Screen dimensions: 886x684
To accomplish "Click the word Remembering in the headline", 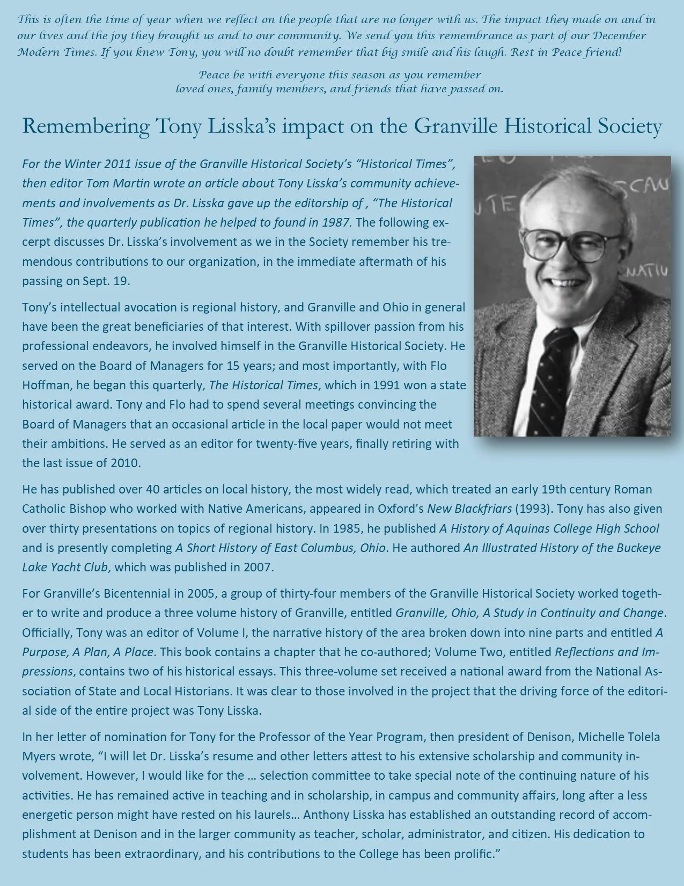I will (x=86, y=127).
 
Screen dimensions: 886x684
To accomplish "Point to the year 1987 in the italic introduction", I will (x=336, y=222).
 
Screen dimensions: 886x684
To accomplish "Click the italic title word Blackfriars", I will (x=481, y=509).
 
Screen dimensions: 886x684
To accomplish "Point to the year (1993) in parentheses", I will (x=532, y=509).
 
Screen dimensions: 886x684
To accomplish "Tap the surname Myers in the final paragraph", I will (x=38, y=756).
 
